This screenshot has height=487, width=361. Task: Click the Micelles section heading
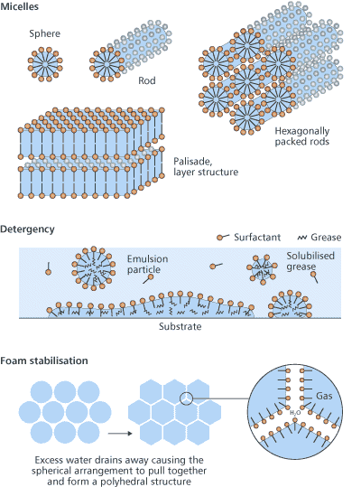(20, 6)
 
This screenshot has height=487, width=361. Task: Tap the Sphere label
(45, 33)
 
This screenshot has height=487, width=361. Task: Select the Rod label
(147, 80)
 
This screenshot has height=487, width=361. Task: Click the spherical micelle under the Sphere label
(45, 64)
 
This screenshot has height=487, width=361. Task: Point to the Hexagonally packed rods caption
(302, 136)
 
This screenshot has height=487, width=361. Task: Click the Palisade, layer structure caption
(206, 166)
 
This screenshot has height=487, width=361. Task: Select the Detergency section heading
(27, 229)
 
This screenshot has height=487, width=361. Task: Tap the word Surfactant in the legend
(257, 238)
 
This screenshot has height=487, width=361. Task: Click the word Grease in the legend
(326, 238)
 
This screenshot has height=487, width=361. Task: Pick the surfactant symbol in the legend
(223, 238)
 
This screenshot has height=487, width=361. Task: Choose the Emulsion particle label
(148, 265)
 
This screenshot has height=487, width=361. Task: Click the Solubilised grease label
(310, 261)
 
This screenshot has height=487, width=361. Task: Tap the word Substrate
(180, 326)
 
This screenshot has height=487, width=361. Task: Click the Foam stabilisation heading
(44, 361)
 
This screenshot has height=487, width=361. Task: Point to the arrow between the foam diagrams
(120, 434)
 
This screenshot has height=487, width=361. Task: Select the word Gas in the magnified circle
(324, 396)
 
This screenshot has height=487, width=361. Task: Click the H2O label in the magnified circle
(295, 413)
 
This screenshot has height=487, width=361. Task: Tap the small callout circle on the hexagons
(187, 398)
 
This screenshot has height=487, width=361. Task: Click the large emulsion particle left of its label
(94, 268)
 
